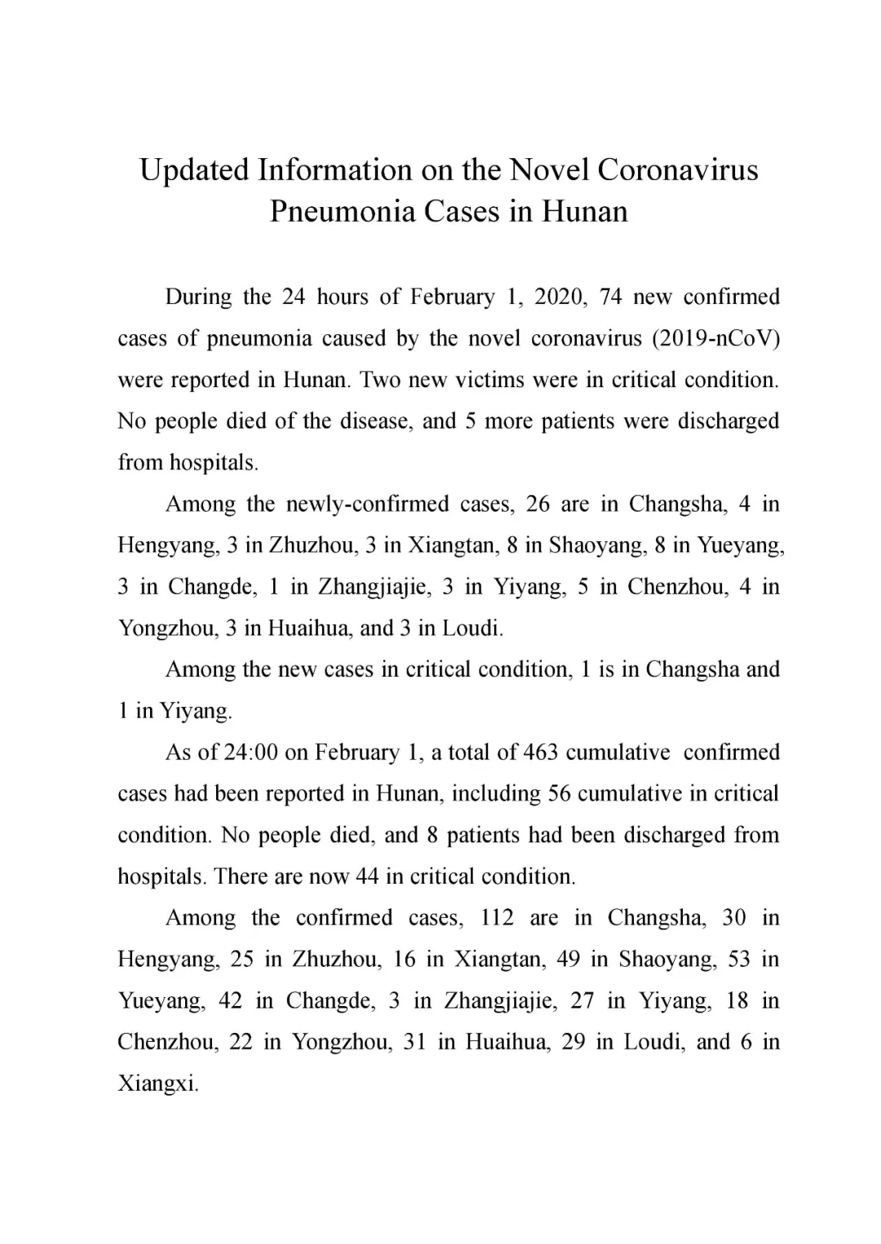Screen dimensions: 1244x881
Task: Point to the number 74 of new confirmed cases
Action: click(x=610, y=297)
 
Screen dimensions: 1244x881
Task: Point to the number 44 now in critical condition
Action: click(x=367, y=877)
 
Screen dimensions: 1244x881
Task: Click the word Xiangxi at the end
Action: click(x=158, y=1084)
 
